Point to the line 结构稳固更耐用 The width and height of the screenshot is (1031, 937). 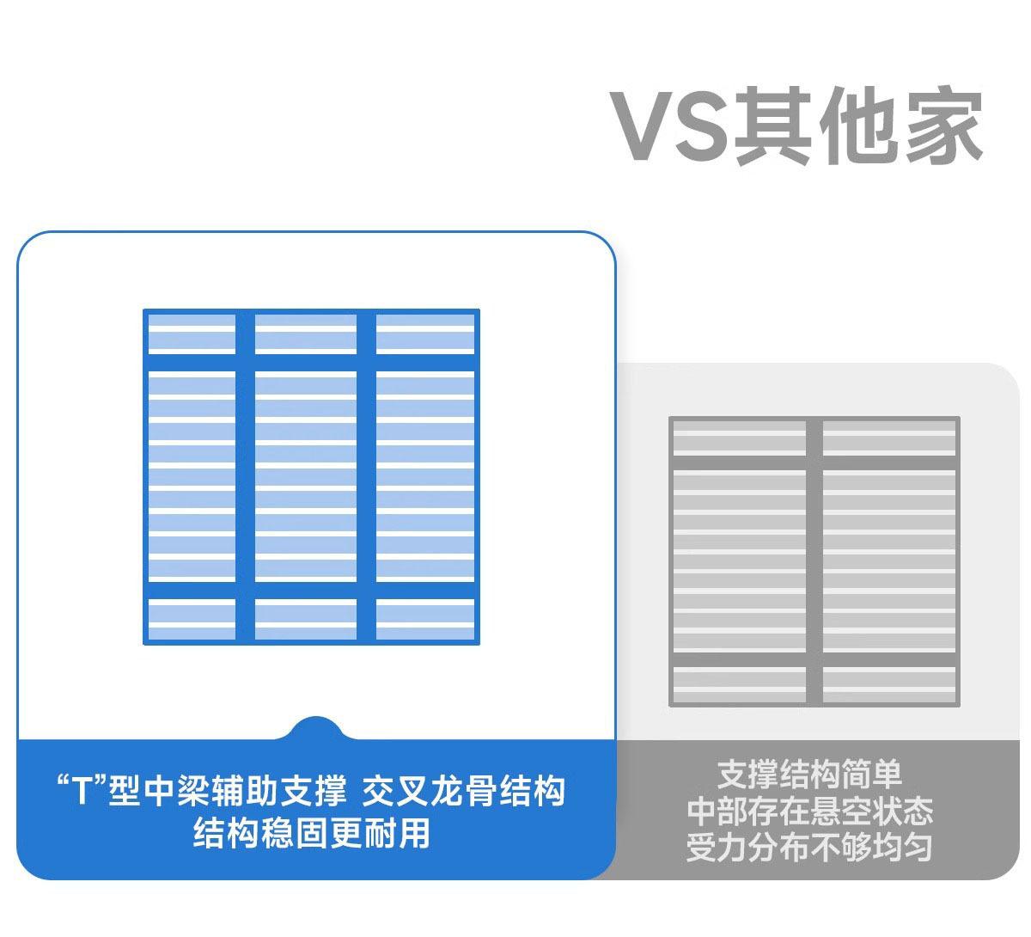coord(311,833)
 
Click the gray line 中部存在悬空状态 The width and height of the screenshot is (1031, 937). coord(809,811)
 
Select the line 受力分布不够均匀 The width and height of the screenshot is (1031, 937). coord(809,848)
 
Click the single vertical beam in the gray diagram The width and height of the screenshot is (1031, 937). coord(814,562)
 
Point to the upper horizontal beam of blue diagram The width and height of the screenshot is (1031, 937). coord(311,362)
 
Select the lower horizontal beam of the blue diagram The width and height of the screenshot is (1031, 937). coord(311,590)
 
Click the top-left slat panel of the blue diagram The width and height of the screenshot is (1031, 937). coord(192,334)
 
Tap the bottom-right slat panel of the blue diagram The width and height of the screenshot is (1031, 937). coord(425,619)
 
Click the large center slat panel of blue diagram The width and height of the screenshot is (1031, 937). coord(305,475)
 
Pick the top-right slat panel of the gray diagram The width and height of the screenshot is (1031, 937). coord(888,438)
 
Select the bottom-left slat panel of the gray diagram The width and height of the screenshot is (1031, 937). coord(739,684)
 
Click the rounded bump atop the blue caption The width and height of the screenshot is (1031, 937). coord(316,729)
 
